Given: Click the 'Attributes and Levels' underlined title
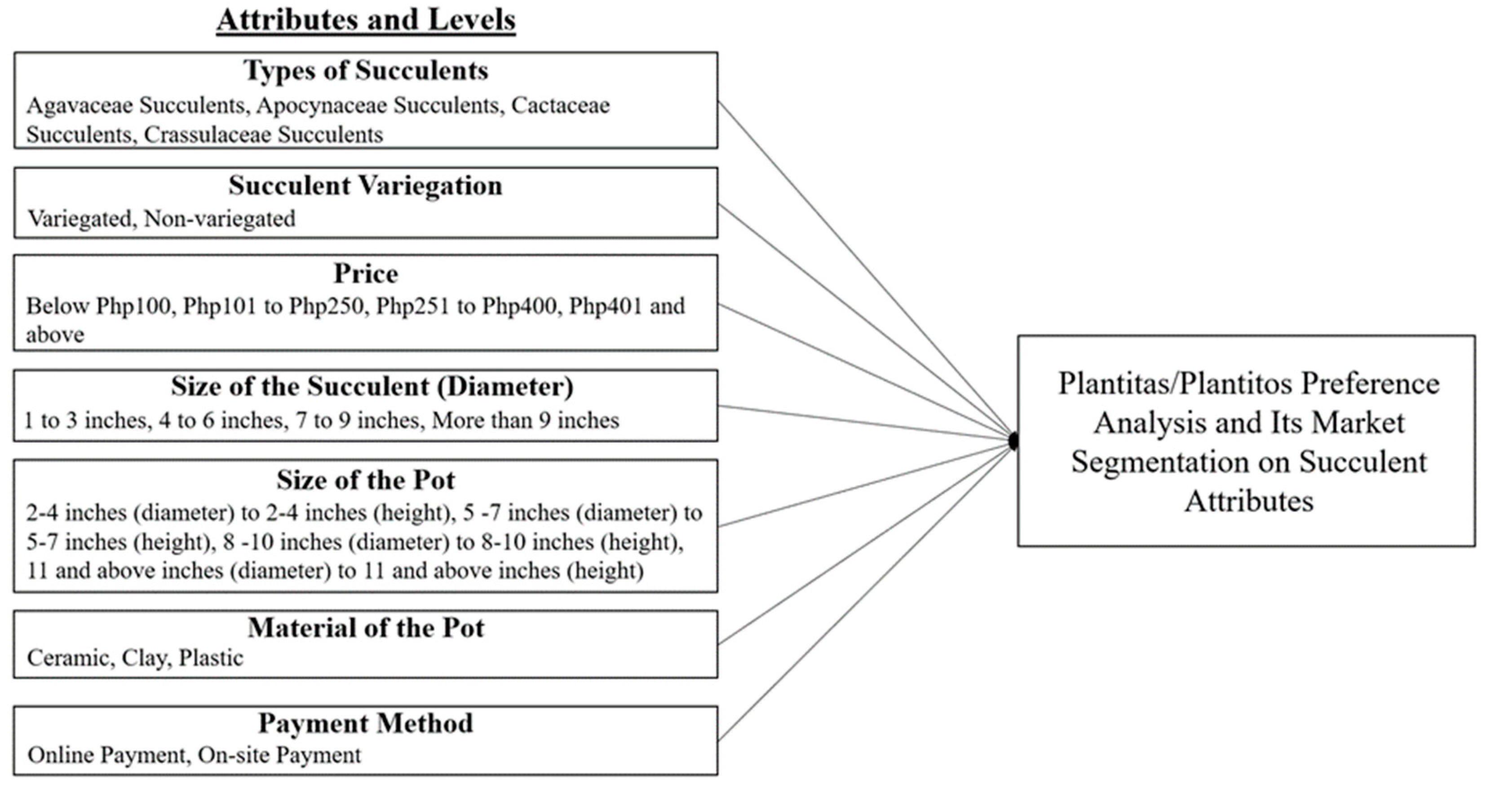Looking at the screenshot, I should (366, 21).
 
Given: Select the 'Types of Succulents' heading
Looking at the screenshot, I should (366, 71).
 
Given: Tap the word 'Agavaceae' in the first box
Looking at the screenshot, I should (80, 106).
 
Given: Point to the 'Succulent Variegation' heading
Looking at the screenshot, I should (366, 186).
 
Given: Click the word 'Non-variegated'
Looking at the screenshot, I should (220, 219).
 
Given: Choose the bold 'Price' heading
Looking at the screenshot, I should (366, 274).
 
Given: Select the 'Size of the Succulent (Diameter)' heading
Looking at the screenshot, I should (372, 387).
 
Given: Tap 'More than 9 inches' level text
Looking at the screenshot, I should (526, 420).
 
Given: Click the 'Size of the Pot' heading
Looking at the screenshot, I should (366, 481).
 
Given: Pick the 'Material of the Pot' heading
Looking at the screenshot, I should (366, 628).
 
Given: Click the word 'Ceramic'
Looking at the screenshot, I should (70, 658).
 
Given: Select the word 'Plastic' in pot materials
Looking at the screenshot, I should (211, 658).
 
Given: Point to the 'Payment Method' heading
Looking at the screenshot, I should (366, 724).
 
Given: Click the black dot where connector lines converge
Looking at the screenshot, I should (1013, 441).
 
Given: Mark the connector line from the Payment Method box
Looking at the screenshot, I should (865, 591).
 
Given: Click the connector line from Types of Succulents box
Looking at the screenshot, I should (865, 271).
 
